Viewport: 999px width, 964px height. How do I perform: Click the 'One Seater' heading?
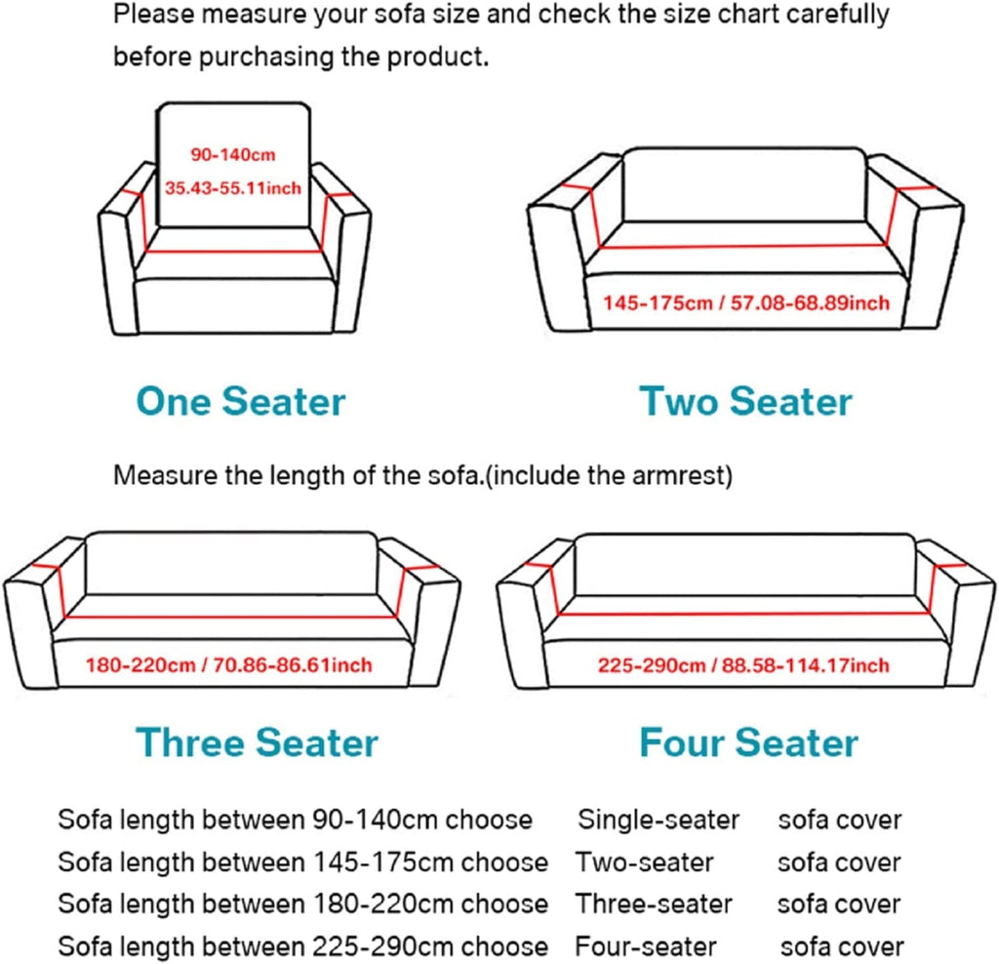[240, 401]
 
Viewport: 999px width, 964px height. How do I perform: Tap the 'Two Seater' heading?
[745, 401]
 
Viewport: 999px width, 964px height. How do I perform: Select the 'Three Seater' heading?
[257, 743]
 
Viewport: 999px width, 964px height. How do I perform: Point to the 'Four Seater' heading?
[748, 743]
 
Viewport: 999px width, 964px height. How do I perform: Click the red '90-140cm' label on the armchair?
[232, 153]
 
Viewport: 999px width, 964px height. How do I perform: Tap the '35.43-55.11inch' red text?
[232, 186]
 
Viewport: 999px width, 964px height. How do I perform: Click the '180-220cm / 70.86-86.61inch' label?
[228, 665]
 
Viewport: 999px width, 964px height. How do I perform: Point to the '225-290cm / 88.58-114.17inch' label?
[744, 665]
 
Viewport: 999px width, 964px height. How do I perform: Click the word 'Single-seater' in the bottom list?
[659, 820]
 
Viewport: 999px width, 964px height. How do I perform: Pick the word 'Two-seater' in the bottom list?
[644, 863]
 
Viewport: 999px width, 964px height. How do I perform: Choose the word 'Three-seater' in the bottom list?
[654, 904]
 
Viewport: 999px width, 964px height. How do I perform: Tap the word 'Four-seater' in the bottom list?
[646, 946]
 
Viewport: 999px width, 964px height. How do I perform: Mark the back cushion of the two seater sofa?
[744, 185]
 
